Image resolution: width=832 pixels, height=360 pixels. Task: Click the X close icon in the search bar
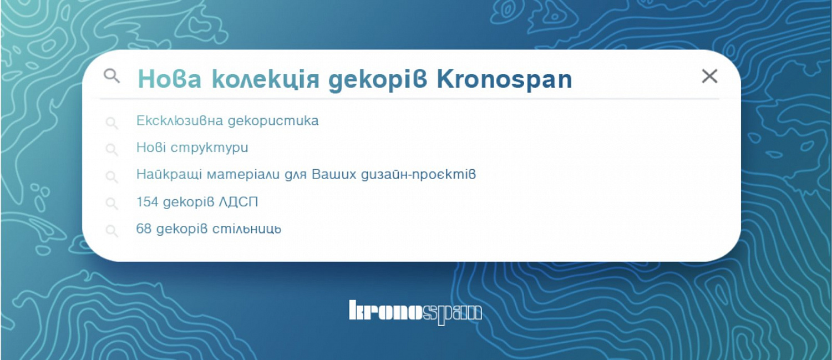(709, 77)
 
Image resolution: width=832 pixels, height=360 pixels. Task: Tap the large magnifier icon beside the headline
(112, 76)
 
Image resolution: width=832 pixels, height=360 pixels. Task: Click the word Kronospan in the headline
(504, 80)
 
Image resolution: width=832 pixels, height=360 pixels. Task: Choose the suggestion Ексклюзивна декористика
(227, 121)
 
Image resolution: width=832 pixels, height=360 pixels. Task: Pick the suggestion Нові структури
(192, 148)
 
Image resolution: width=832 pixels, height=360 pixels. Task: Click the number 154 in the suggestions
(148, 202)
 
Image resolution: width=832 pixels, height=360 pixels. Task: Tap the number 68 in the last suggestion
(144, 229)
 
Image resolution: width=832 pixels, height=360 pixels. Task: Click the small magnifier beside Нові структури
(112, 149)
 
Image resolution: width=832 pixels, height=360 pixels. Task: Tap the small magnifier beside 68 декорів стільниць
(112, 231)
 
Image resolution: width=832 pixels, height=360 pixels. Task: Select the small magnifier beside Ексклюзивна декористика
(112, 123)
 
